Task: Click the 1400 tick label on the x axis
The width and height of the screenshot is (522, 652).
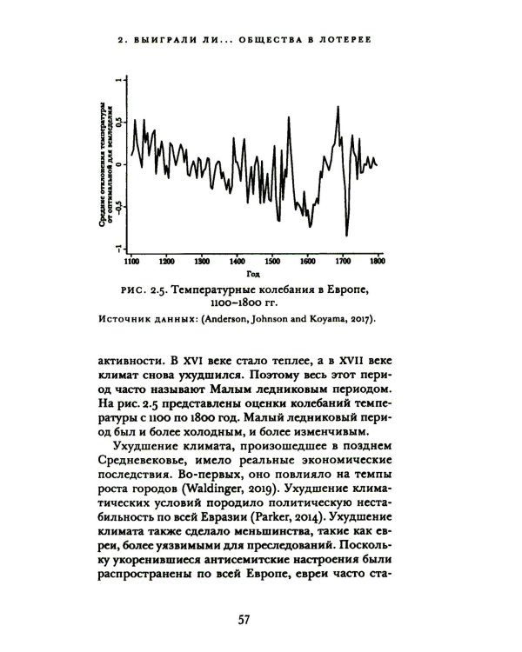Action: [x=237, y=260]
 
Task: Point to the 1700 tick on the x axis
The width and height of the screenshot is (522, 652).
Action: [x=343, y=251]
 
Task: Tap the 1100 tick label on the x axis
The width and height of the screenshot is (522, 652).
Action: [x=130, y=260]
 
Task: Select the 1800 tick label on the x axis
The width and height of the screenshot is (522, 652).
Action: [x=377, y=260]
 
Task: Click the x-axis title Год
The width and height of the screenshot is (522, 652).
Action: [x=253, y=272]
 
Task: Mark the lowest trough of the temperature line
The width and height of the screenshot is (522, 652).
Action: [x=346, y=235]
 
